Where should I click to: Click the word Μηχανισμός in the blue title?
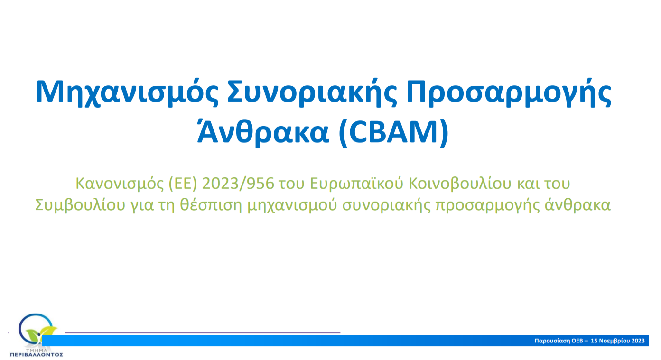coord(128,92)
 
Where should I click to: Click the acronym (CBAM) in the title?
coord(394,131)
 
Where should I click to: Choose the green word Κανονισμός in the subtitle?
coord(120,184)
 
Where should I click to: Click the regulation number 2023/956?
coord(238,184)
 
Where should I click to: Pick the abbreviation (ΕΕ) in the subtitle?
coord(183,184)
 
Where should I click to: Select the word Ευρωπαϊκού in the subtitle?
coord(357,184)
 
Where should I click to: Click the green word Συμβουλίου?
coord(80,205)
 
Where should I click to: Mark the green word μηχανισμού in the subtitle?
coord(292,205)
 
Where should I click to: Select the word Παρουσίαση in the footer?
coord(552,341)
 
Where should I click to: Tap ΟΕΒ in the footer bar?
coord(577,341)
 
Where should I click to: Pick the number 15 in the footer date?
coord(594,341)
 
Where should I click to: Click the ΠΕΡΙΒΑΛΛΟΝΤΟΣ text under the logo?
coord(37,355)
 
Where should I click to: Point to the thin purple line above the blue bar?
coord(203,332)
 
